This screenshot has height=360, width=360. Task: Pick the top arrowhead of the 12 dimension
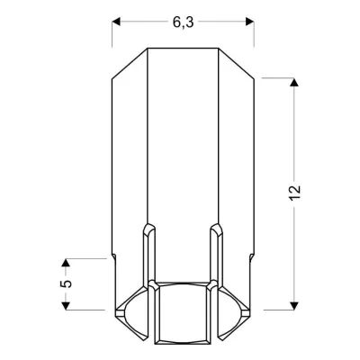tap(294, 84)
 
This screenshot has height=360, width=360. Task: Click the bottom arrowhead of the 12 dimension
tap(294, 303)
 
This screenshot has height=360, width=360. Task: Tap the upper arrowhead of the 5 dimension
tap(66, 264)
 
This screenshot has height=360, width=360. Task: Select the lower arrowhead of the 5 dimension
tap(66, 304)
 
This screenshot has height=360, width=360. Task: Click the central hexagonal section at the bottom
tap(183, 315)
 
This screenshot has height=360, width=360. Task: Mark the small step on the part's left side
tap(113, 256)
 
